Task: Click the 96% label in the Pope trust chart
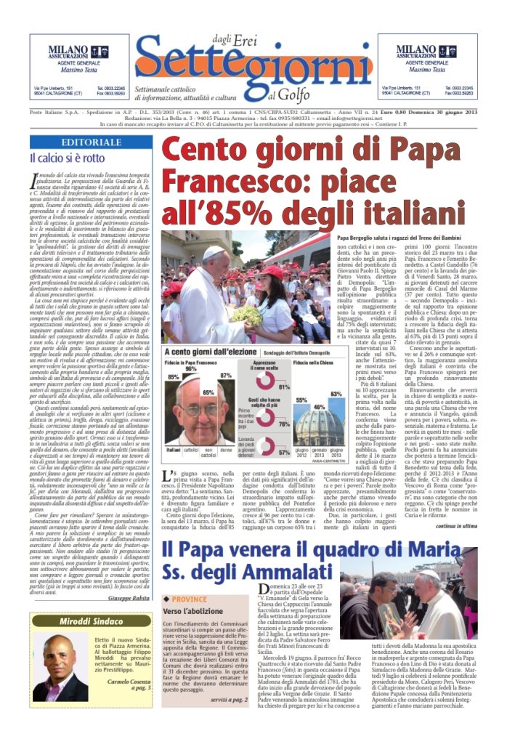point(192,370)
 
